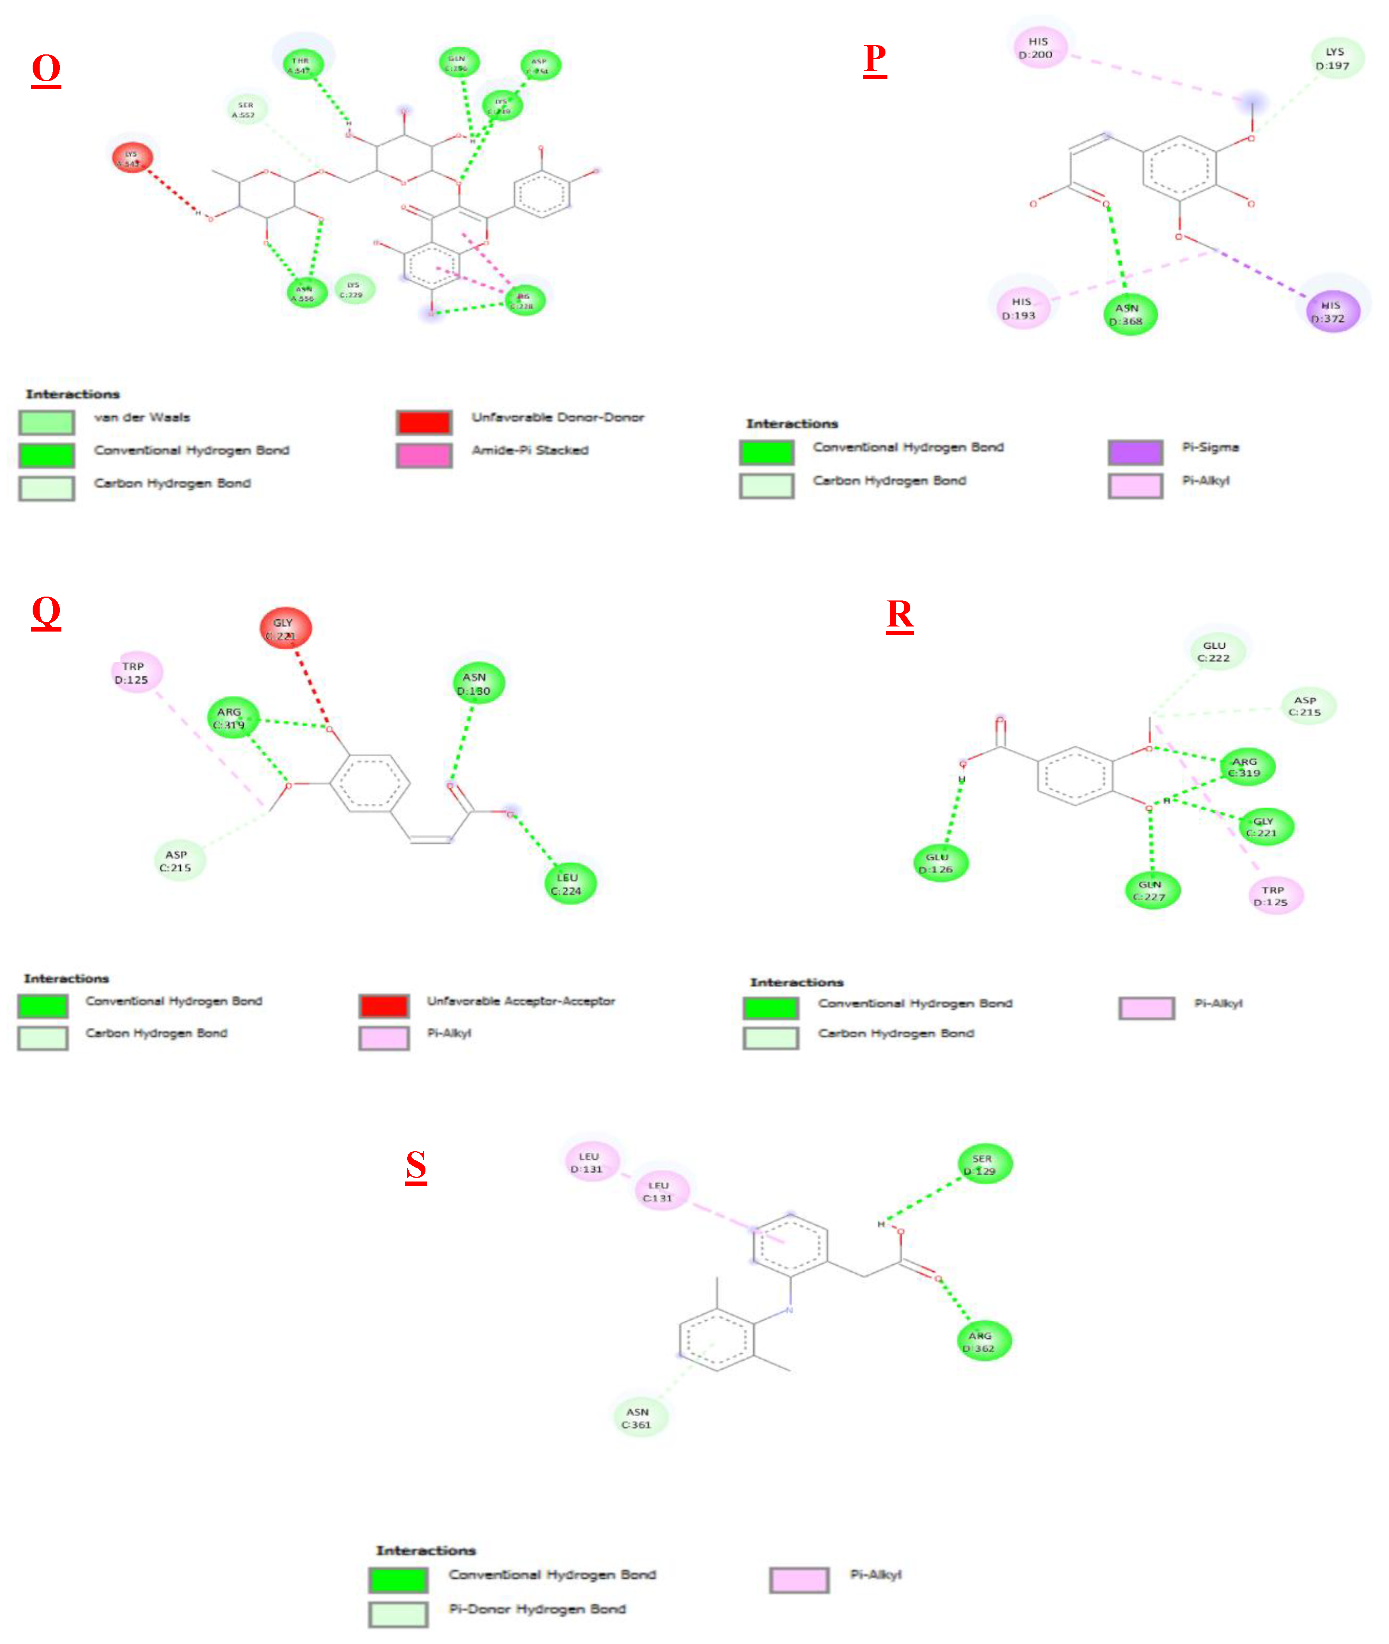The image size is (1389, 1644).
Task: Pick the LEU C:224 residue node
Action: click(x=569, y=884)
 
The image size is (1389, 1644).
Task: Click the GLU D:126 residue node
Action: click(x=939, y=863)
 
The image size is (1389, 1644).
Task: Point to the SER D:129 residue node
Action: click(x=983, y=1164)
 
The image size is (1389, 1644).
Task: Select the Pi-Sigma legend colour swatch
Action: click(x=1135, y=452)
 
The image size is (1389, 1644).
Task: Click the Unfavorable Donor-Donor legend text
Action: click(x=558, y=417)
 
